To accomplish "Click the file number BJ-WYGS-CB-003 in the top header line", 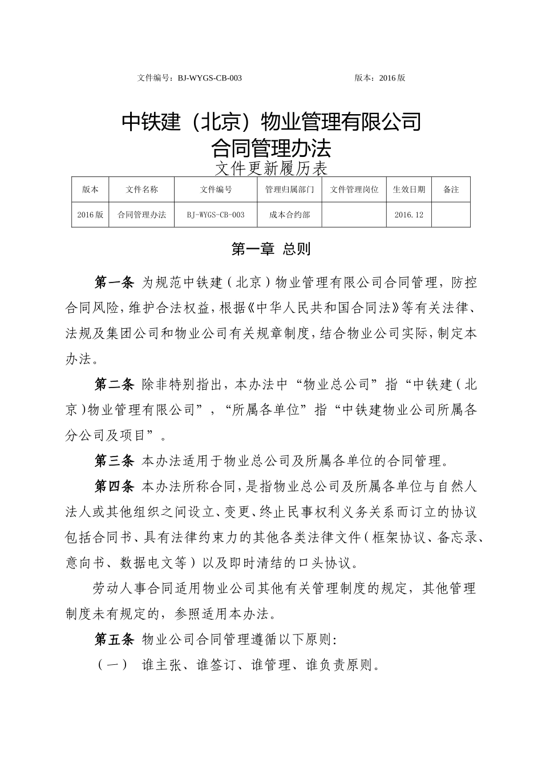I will (x=210, y=78).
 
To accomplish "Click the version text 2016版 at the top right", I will (x=393, y=78).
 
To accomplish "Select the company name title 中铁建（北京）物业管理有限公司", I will (x=272, y=122).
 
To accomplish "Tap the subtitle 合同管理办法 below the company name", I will (x=271, y=149).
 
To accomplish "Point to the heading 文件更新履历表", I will (x=271, y=168).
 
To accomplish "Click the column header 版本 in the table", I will (x=90, y=189).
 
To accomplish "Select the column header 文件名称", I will (x=141, y=189).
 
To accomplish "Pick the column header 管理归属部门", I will (x=290, y=189).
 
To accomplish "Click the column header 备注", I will (x=451, y=189).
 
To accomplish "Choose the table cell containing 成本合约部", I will (x=290, y=215).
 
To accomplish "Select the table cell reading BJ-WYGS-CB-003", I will (x=216, y=215).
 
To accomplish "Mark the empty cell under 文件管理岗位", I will (x=354, y=215).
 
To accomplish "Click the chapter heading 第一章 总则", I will (x=270, y=249).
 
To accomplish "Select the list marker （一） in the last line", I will (x=112, y=665).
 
